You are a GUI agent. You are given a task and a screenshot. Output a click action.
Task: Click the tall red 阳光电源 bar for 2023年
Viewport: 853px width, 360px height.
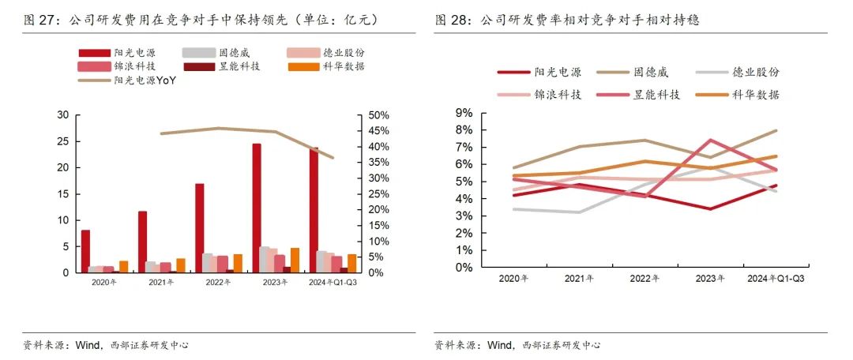(257, 208)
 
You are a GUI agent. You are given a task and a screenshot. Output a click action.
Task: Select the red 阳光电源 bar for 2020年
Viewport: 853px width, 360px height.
(85, 251)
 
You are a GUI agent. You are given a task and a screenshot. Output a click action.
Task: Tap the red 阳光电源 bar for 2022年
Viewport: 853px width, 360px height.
(199, 228)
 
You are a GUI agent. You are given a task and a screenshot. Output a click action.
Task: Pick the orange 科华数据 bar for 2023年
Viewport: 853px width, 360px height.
(295, 260)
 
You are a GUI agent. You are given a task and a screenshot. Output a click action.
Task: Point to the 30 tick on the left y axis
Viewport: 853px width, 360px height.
(63, 115)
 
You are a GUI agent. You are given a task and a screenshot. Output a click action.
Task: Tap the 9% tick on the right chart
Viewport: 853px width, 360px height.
(465, 113)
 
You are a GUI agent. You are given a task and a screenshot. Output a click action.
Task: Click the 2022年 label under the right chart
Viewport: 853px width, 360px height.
(644, 278)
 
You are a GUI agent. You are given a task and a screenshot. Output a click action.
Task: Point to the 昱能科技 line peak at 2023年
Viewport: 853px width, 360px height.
(711, 141)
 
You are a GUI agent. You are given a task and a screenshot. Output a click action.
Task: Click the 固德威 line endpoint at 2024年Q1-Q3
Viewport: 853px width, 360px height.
(777, 130)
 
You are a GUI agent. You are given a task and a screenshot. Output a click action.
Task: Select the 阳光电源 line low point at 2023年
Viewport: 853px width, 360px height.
(711, 209)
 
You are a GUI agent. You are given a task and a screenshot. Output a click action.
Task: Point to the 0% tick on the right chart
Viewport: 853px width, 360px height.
(465, 267)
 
